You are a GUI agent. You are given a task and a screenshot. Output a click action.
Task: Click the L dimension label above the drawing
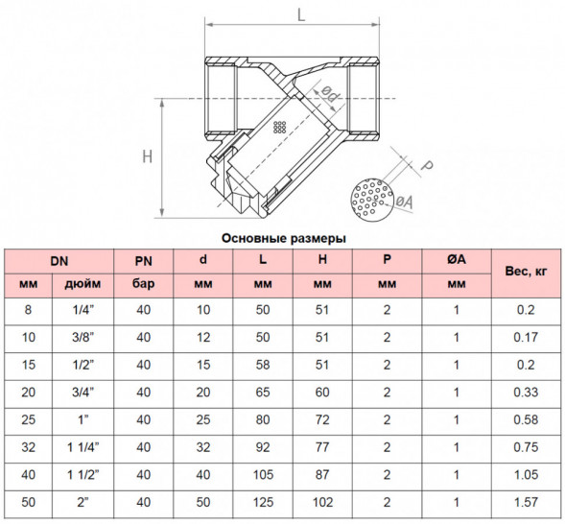click(x=301, y=14)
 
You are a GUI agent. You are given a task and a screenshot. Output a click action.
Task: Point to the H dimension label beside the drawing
click(x=148, y=156)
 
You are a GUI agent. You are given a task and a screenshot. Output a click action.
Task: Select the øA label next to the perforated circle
click(x=404, y=202)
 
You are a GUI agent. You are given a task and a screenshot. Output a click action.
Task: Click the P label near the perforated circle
click(x=427, y=165)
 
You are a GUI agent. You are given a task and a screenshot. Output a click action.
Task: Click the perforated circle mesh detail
click(x=372, y=200)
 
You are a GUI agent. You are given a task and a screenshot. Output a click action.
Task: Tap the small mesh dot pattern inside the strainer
click(x=279, y=128)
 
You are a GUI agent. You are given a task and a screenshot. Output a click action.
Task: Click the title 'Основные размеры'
click(x=284, y=238)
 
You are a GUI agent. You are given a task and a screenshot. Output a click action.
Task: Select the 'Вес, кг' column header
click(x=526, y=271)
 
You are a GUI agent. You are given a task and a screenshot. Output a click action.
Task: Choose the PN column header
click(x=144, y=261)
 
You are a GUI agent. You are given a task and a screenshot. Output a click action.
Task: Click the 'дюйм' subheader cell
click(x=82, y=284)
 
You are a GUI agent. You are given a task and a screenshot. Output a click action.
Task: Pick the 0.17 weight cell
click(x=526, y=337)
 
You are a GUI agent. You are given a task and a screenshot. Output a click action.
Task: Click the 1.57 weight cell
click(x=526, y=502)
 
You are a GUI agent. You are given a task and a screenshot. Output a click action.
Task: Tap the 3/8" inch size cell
click(x=82, y=337)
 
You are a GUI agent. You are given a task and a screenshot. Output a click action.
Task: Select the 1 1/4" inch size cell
click(x=82, y=447)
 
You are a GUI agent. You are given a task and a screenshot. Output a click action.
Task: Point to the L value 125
click(x=263, y=502)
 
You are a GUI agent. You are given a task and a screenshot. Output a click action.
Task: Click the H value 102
click(x=322, y=502)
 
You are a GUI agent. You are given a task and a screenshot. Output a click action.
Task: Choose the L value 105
click(x=263, y=475)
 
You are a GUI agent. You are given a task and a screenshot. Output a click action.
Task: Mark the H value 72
click(x=322, y=419)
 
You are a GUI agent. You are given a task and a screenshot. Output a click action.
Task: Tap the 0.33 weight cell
click(x=526, y=393)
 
